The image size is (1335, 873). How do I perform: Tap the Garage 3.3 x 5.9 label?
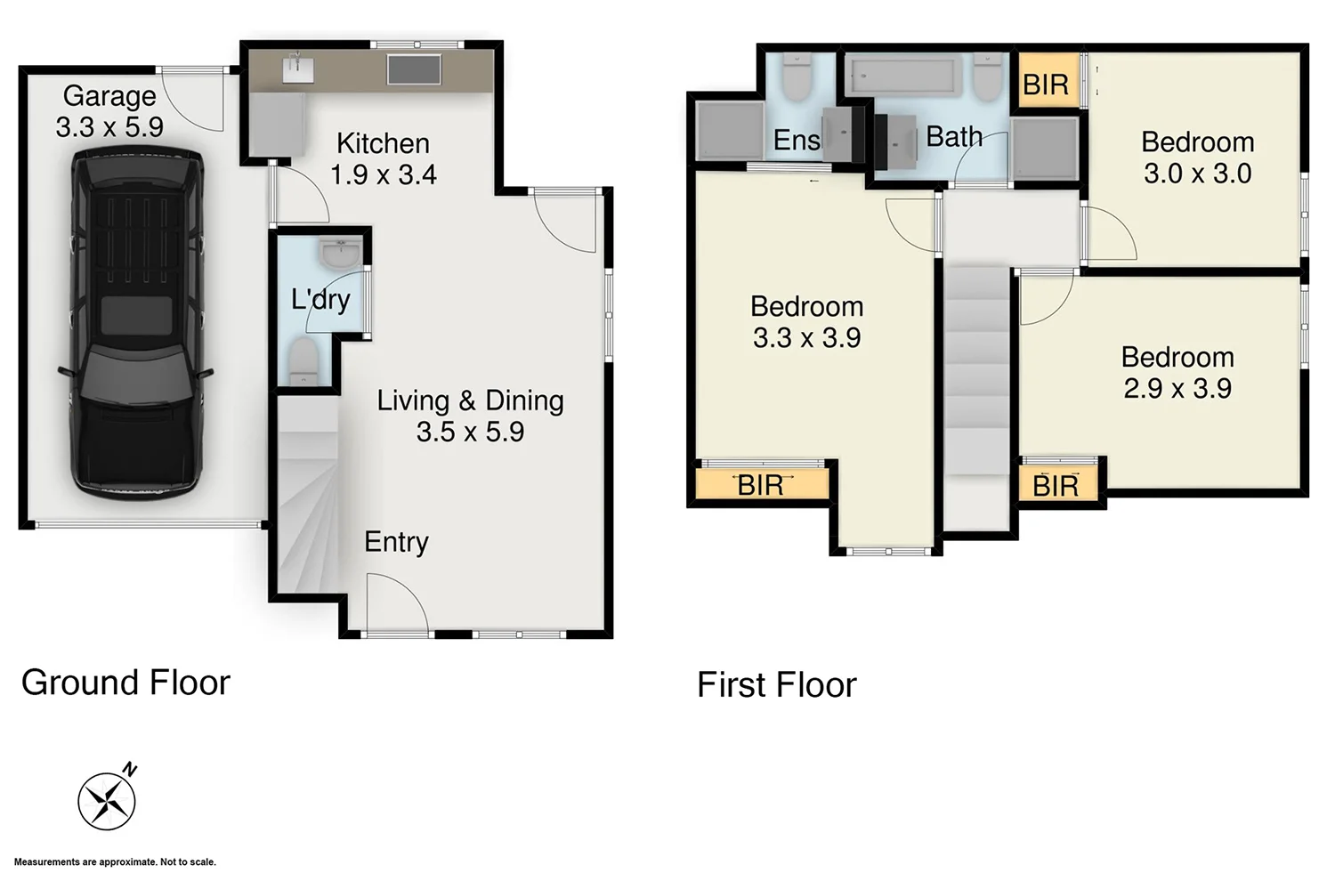pos(109,111)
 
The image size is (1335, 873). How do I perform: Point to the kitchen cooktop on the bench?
pos(414,69)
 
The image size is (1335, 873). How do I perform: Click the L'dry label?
pos(320,299)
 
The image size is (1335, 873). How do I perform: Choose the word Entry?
pos(396,542)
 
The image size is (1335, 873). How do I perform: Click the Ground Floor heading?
pos(125,683)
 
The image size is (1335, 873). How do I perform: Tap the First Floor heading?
pos(776,685)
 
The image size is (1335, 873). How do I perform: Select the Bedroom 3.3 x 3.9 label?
pos(806,322)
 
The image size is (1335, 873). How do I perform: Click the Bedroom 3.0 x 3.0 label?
pos(1197,158)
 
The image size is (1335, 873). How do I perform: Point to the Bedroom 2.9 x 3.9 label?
pos(1177,373)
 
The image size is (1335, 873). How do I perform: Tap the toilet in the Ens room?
pos(797,77)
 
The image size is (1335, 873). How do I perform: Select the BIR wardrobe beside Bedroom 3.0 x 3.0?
pos(1046,85)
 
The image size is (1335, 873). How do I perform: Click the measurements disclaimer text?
pos(115,861)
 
